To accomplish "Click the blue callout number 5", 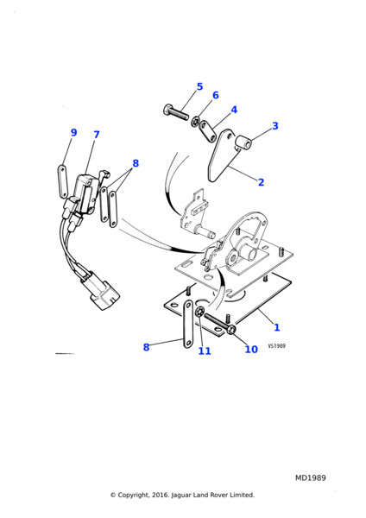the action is (x=199, y=87).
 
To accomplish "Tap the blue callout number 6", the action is (x=216, y=96).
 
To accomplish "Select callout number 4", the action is (x=234, y=110).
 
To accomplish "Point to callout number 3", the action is (x=275, y=126).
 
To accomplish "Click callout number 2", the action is (x=261, y=182).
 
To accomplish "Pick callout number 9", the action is (x=73, y=132).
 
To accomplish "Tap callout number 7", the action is (x=96, y=135).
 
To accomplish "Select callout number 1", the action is (x=277, y=327).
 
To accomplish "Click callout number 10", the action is (x=251, y=349).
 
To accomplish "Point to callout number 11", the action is (x=205, y=351).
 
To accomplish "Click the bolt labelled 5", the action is (x=176, y=112).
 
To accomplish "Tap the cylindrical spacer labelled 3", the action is (x=243, y=142).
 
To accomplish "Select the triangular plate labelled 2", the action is (x=222, y=155).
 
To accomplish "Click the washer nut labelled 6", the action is (x=195, y=122).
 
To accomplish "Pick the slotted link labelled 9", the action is (x=63, y=181).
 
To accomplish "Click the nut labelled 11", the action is (x=200, y=311).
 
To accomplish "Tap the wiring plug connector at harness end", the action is (x=104, y=294).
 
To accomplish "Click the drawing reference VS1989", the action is (x=276, y=346).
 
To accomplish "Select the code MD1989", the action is (x=310, y=477).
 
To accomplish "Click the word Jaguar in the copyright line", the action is (x=181, y=495).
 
